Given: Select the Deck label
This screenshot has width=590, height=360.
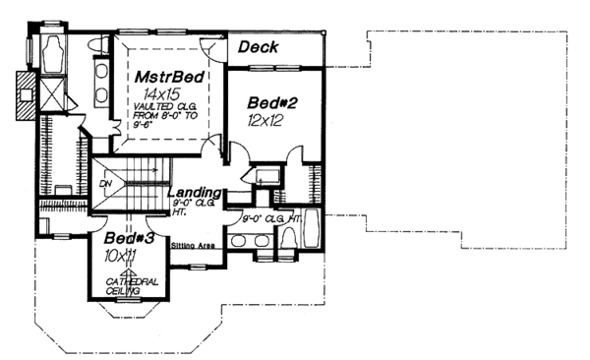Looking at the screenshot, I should tap(260, 46).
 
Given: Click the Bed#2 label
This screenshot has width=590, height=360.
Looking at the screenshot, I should tap(267, 103).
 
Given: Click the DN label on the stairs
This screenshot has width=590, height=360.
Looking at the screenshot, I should tap(107, 182).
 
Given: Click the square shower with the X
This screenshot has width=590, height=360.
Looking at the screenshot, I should tap(51, 91).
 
